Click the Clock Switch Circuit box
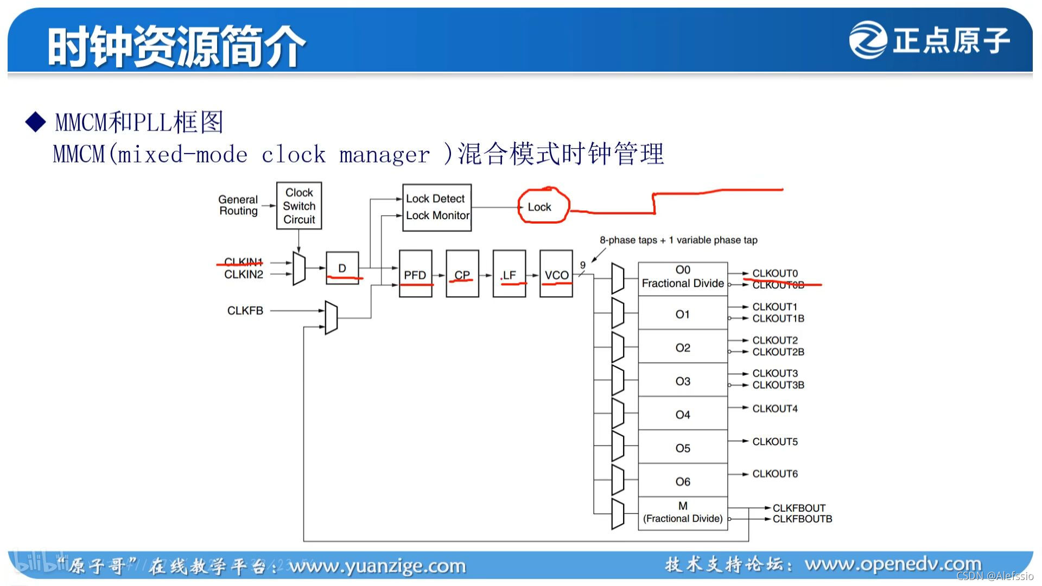pos(299,206)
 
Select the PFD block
pos(415,273)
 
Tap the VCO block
pos(556,273)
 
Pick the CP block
pos(462,273)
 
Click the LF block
pos(509,273)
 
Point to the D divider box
pos(342,267)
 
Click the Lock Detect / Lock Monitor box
pos(437,207)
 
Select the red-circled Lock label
pos(539,207)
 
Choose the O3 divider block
pos(683,381)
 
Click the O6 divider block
pos(683,481)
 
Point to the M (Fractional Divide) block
pos(683,513)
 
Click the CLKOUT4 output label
pos(775,409)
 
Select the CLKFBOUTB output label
pos(802,519)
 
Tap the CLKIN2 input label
pos(244,275)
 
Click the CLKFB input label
pos(245,310)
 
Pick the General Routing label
pos(238,205)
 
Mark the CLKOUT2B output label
pos(778,352)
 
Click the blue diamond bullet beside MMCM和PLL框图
pos(36,122)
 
